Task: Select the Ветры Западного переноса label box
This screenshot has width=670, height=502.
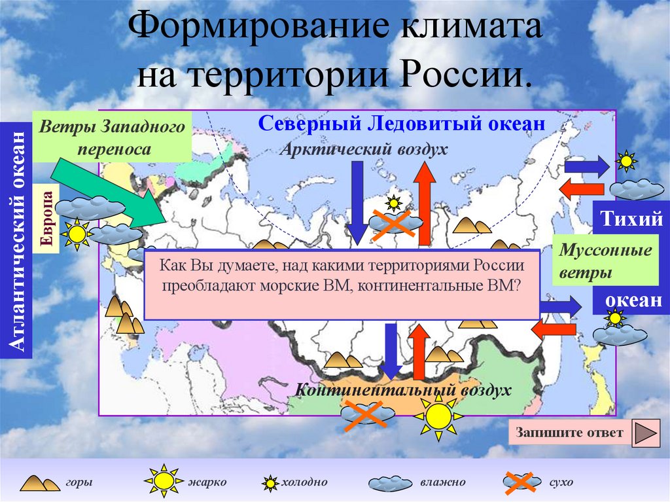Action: pos(112,137)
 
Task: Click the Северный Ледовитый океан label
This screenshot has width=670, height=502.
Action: pos(402,123)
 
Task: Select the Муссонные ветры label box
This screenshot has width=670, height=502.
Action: pos(596,260)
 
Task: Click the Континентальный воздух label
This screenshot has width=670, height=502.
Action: pos(402,391)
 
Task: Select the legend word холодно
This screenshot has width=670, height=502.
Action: pos(304,482)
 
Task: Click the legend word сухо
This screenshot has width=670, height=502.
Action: pos(561,482)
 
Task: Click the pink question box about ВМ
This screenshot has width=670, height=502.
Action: pos(341,284)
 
